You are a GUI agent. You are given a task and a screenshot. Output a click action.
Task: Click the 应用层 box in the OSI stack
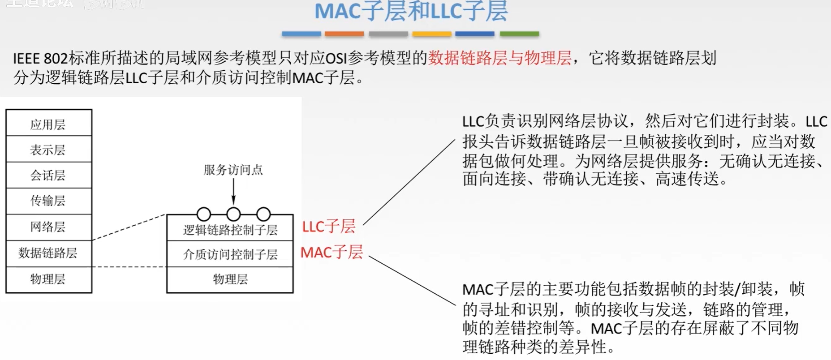(48, 124)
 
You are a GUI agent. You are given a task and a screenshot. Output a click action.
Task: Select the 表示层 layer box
(48, 149)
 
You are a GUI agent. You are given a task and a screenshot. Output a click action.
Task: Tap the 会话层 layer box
(48, 175)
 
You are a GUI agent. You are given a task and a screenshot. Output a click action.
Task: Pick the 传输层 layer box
(48, 201)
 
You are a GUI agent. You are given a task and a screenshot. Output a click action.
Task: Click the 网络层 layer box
(48, 227)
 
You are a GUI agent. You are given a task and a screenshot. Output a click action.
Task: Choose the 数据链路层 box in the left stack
(48, 253)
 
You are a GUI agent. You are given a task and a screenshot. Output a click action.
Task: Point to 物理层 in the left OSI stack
(48, 279)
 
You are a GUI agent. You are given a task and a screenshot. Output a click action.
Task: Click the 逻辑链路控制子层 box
(230, 230)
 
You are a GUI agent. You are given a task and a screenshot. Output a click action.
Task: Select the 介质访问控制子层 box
(230, 254)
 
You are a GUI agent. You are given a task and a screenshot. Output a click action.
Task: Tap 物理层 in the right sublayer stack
(230, 279)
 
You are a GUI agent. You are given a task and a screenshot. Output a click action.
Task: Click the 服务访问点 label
(233, 170)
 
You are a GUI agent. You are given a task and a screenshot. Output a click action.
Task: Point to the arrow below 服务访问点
(233, 193)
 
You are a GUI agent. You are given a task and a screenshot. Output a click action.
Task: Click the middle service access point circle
(233, 214)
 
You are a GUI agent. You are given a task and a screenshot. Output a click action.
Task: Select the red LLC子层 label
(328, 226)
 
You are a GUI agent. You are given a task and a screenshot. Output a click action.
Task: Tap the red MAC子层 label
(331, 252)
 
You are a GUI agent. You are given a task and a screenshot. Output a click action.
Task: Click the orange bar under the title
(344, 34)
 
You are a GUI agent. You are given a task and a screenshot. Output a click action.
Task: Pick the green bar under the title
(519, 34)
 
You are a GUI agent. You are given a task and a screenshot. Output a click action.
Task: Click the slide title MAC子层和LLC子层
(411, 11)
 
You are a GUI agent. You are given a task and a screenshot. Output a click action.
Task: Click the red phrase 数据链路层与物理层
(499, 58)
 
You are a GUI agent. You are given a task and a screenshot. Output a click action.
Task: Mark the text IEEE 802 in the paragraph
(40, 58)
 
